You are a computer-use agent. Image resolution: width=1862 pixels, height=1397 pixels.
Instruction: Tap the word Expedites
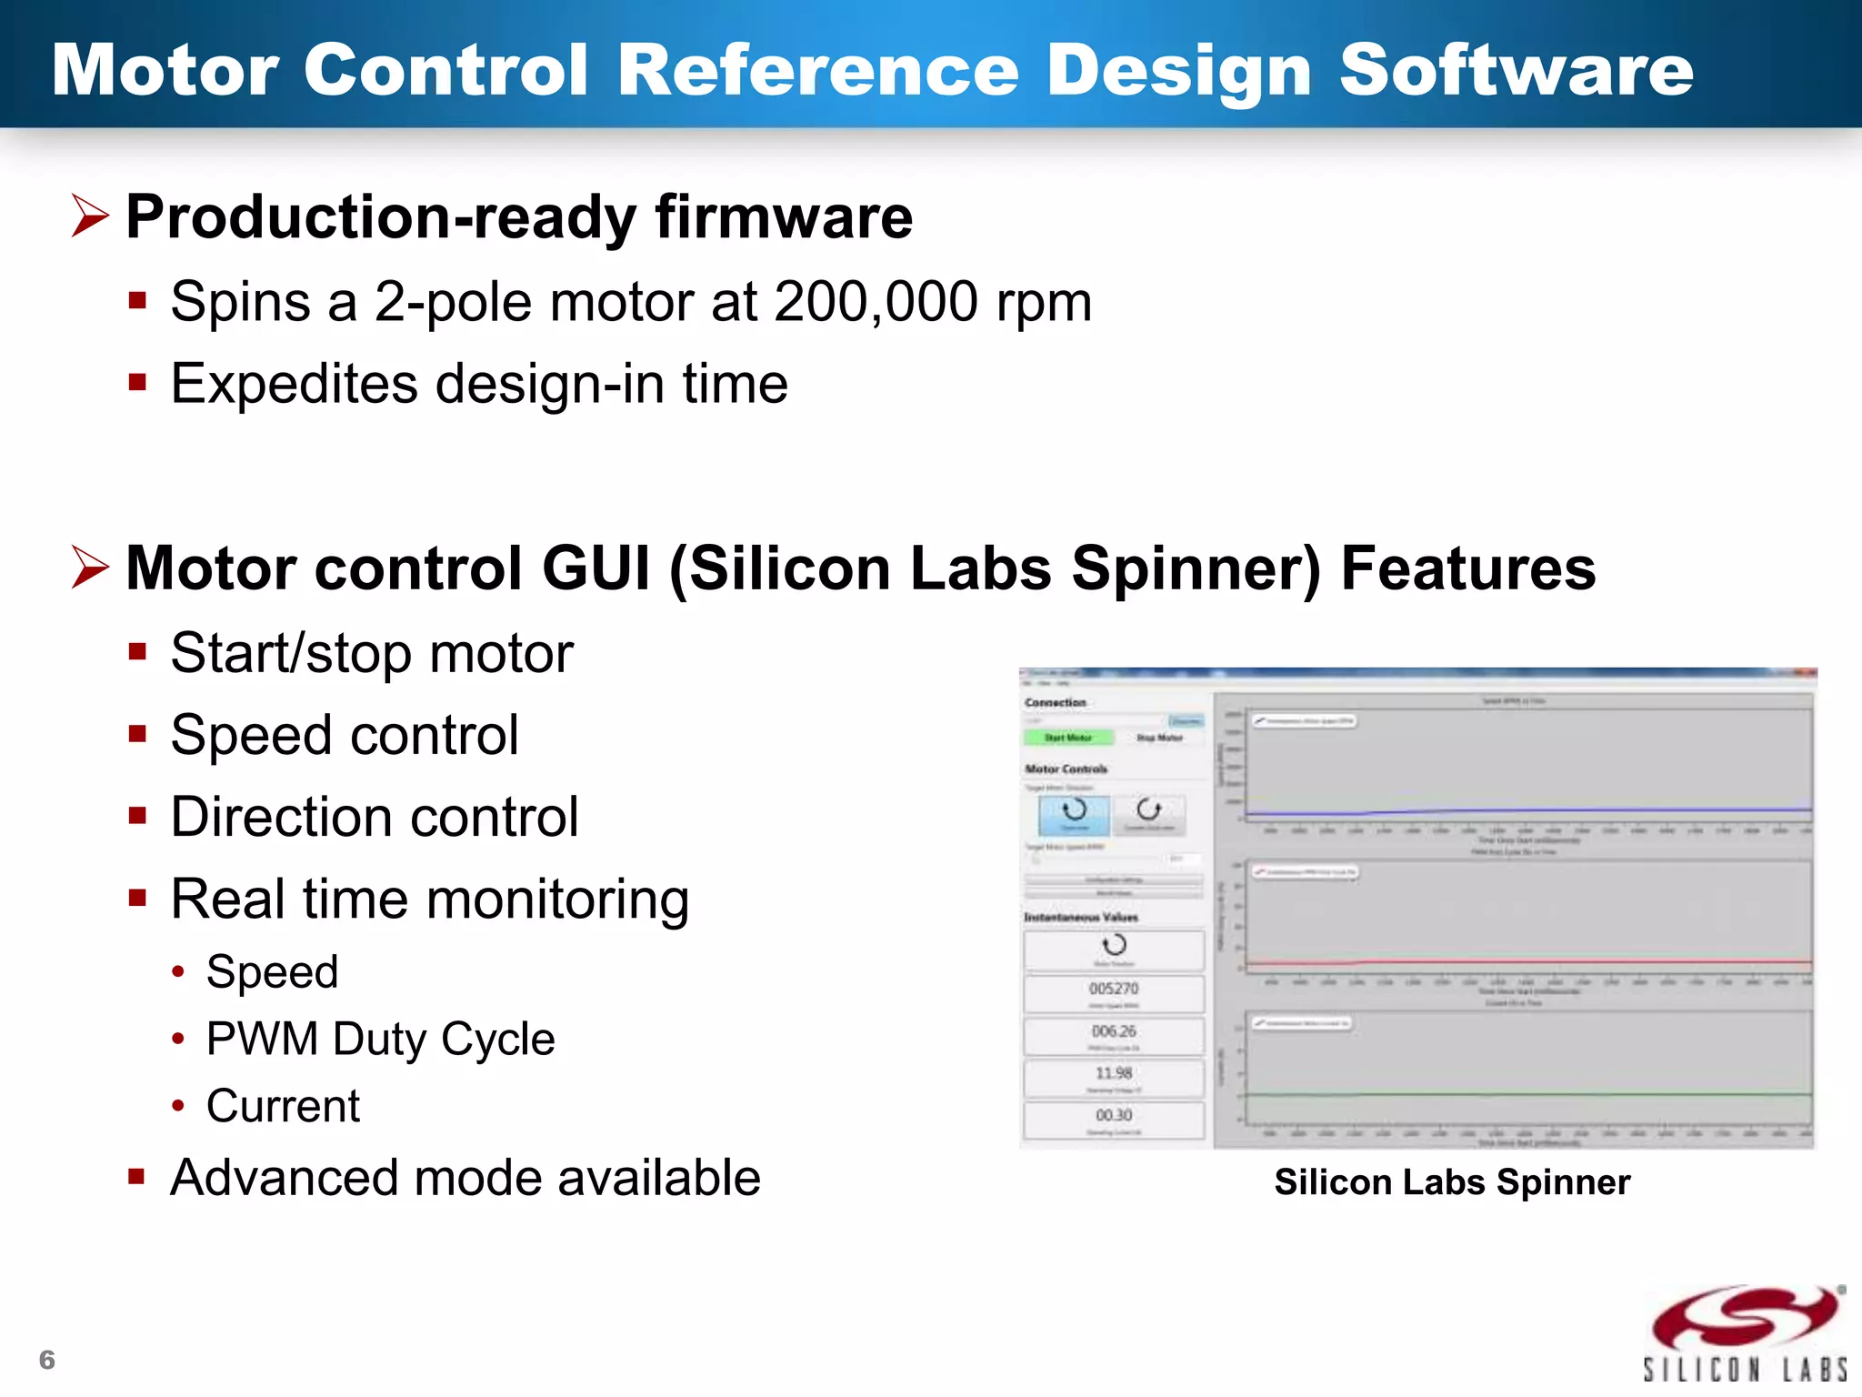pos(293,384)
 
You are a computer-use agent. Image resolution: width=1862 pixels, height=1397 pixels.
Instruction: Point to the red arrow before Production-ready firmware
pos(90,216)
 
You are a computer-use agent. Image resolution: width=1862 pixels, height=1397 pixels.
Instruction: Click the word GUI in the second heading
pos(596,568)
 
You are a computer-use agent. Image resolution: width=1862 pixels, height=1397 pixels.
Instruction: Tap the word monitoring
pos(556,900)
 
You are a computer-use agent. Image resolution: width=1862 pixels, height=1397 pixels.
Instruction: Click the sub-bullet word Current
pos(283,1106)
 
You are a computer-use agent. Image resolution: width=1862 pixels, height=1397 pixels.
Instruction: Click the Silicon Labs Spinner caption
pos(1451,1181)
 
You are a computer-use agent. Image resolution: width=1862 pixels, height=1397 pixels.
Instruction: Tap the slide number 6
pos(47,1360)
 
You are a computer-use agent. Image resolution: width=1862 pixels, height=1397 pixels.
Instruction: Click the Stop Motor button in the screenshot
pos(1159,738)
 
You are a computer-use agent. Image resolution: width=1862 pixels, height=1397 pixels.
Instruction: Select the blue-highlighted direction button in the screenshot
pos(1075,814)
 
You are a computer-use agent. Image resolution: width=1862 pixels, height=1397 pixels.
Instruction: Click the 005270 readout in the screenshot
pos(1114,989)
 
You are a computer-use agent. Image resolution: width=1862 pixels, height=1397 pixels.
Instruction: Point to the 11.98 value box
pos(1114,1076)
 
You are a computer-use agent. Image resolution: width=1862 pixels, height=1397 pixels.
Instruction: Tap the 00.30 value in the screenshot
pos(1114,1116)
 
